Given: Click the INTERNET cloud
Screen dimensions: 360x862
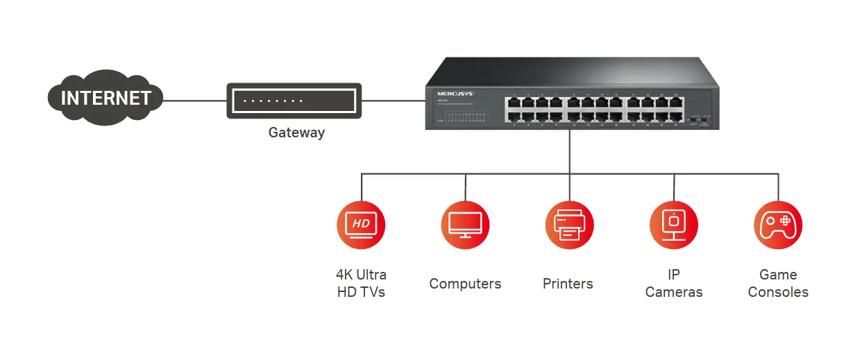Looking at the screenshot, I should click(x=105, y=98).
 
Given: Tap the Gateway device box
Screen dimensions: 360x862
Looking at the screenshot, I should click(x=294, y=101).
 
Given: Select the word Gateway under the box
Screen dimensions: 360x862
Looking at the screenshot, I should click(x=296, y=132).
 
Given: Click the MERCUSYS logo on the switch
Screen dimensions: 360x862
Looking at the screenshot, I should click(x=455, y=92).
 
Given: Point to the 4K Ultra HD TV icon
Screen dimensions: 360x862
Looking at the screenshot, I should click(x=361, y=225).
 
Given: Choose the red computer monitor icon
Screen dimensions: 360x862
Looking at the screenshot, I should click(x=465, y=225).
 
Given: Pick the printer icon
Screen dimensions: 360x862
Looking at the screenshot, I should click(x=569, y=225).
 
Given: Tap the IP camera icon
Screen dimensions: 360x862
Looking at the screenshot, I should click(x=673, y=225).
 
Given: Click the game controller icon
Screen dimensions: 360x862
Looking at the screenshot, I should click(x=778, y=225).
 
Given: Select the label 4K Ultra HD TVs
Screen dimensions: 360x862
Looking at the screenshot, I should click(x=361, y=283).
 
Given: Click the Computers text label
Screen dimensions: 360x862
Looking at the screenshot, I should click(x=465, y=284).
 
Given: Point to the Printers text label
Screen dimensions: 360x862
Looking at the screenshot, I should click(x=568, y=284).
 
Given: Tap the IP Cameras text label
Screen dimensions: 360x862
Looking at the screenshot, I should click(x=674, y=283).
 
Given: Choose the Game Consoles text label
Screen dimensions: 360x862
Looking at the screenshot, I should click(x=778, y=283).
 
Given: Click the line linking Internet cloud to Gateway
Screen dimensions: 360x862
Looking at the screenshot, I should click(x=194, y=101).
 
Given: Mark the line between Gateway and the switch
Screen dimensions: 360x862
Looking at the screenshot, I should click(x=394, y=101).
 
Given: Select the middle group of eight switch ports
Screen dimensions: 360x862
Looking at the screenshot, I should click(x=595, y=110).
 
